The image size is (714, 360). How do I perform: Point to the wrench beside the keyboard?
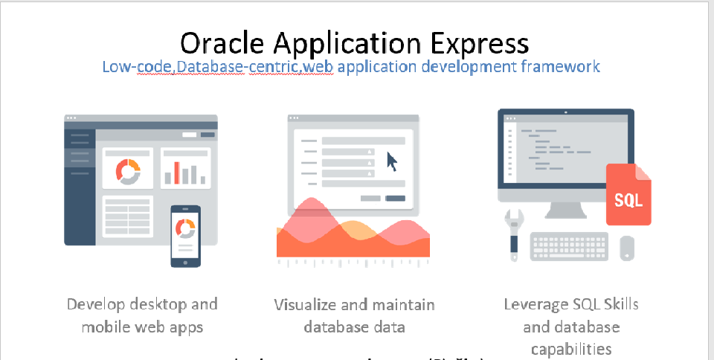click(x=512, y=232)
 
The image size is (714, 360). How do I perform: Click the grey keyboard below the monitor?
click(x=569, y=246)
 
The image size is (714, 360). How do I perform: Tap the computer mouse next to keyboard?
click(x=627, y=247)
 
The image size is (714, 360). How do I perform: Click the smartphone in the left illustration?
click(x=185, y=236)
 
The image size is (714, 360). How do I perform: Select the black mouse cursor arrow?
click(x=392, y=160)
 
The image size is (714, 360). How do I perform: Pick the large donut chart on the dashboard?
click(x=127, y=170)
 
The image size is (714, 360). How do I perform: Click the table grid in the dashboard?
click(x=127, y=216)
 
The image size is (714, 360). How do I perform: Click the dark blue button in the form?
click(x=395, y=198)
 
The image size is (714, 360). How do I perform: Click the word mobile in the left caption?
click(x=104, y=327)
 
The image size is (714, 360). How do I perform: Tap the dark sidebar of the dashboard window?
click(x=80, y=186)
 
